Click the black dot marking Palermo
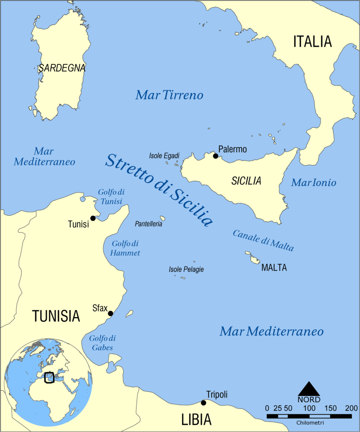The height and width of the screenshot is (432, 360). (215, 156)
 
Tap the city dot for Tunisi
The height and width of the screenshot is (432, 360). (93, 218)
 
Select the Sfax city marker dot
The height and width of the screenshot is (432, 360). (110, 314)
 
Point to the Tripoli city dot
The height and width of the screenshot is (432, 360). (203, 403)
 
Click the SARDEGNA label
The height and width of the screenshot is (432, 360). (62, 68)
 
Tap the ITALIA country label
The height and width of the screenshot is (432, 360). (312, 41)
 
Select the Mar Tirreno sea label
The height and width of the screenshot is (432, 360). (169, 95)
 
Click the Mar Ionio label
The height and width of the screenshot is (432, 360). (314, 183)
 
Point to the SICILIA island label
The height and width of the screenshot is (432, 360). (246, 181)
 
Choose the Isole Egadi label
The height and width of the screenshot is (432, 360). (164, 156)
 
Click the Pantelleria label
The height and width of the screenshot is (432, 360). (149, 224)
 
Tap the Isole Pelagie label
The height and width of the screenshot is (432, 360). (186, 270)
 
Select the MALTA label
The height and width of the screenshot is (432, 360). (274, 268)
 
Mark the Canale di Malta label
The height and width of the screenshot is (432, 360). (263, 240)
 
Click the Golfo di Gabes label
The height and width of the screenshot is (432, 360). (102, 343)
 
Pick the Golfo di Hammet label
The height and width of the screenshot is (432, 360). (125, 248)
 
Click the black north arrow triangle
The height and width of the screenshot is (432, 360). (309, 389)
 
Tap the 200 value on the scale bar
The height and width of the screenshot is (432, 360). (351, 408)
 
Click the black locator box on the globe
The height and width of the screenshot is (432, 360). (49, 378)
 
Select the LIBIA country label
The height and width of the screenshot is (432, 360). (196, 420)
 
